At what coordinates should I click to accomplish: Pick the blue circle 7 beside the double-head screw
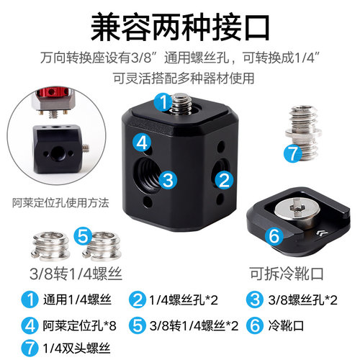coord(292,153)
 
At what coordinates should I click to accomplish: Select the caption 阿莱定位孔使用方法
coord(56,202)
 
